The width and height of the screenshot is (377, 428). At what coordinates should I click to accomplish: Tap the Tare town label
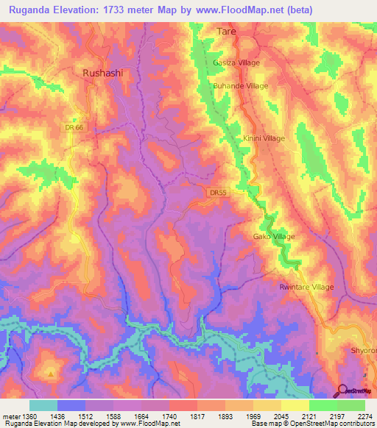(x=225, y=32)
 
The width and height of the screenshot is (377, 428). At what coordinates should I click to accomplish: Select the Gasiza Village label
(x=236, y=63)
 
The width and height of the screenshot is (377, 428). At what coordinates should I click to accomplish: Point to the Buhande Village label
(x=240, y=86)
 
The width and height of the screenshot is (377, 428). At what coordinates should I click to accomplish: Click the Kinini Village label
(x=263, y=138)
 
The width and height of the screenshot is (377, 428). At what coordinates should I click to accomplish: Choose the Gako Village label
(x=275, y=236)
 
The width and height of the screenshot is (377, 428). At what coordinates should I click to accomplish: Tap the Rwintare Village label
(x=306, y=287)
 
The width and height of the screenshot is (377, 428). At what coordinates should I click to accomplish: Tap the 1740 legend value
(x=169, y=416)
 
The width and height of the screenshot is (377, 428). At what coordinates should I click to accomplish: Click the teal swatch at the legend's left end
(x=43, y=405)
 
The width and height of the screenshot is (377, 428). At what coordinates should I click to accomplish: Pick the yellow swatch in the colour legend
(x=295, y=405)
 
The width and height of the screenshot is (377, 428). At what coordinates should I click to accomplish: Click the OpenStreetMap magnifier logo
(x=343, y=390)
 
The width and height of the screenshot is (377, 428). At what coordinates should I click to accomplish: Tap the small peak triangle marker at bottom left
(x=50, y=374)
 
